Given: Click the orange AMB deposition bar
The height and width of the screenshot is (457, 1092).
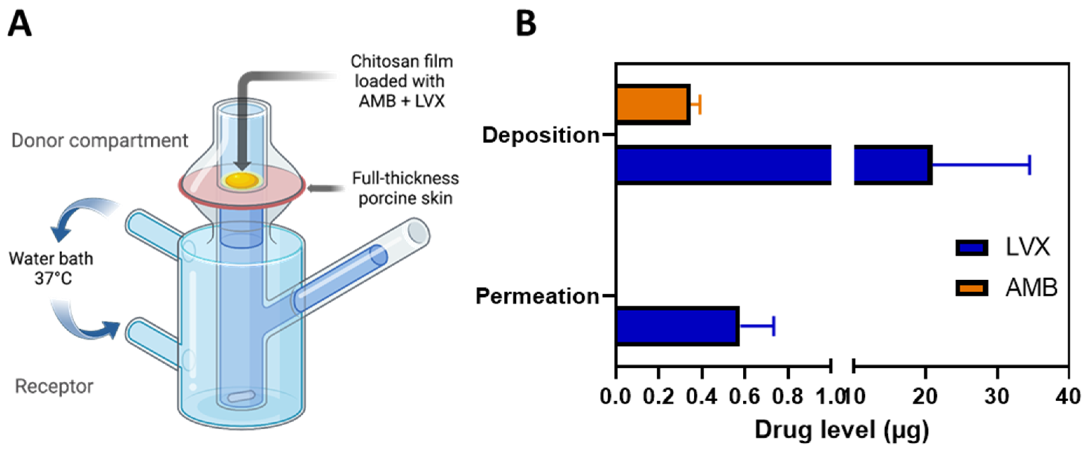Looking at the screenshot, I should pyautogui.click(x=653, y=105).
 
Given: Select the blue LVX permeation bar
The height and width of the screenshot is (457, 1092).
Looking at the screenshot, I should pyautogui.click(x=678, y=326).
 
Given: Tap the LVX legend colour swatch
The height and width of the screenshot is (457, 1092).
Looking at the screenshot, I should pyautogui.click(x=971, y=248).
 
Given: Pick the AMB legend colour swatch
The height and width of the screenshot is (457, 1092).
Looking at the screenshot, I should pyautogui.click(x=971, y=288).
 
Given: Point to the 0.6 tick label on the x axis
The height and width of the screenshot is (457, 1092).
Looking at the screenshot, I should pyautogui.click(x=744, y=397).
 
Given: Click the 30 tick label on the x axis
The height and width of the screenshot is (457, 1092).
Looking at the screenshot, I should pyautogui.click(x=997, y=397).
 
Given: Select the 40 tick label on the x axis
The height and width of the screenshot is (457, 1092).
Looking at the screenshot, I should pyautogui.click(x=1068, y=397).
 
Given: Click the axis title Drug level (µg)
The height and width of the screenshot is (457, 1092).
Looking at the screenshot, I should pyautogui.click(x=842, y=430).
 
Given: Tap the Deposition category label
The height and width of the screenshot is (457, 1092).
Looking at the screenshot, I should pyautogui.click(x=541, y=135).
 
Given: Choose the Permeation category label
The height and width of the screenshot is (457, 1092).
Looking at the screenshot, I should pyautogui.click(x=537, y=296).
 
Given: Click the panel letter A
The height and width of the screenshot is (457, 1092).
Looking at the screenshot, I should pyautogui.click(x=20, y=24).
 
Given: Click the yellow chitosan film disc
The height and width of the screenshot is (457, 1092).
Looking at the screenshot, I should pyautogui.click(x=242, y=181).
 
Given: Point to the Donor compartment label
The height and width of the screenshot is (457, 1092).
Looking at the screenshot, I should pyautogui.click(x=99, y=141).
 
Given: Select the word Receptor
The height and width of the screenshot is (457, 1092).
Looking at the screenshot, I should pyautogui.click(x=54, y=386).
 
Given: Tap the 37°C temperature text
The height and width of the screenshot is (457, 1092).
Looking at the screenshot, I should pyautogui.click(x=53, y=278).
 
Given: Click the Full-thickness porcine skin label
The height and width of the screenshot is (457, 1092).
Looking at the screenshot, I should pyautogui.click(x=405, y=188).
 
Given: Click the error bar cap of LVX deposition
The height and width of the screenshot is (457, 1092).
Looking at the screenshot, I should pyautogui.click(x=1029, y=165).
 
